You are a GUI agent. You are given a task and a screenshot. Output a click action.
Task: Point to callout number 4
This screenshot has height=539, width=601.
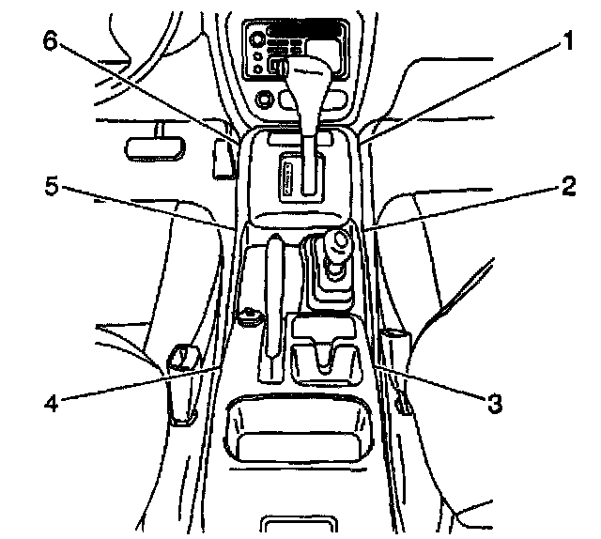pyautogui.click(x=54, y=406)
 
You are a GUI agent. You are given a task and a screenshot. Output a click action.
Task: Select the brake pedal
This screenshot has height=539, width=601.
pyautogui.click(x=149, y=146)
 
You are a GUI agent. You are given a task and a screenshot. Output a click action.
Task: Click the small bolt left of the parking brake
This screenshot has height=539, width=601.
pyautogui.click(x=250, y=316)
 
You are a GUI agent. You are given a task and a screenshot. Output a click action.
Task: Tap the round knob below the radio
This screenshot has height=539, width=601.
pyautogui.click(x=264, y=97)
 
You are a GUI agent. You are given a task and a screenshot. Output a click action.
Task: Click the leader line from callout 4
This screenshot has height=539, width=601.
pyautogui.click(x=141, y=386)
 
